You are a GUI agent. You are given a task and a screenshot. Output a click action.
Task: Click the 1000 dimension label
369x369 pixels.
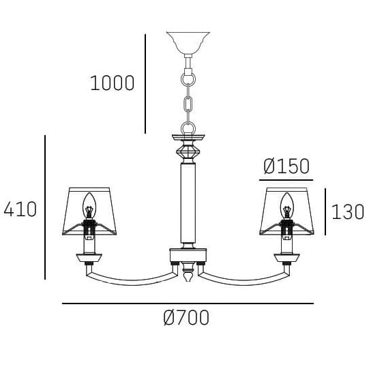(x=112, y=83)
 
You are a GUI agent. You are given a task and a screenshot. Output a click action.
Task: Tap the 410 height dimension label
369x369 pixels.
(x=20, y=209)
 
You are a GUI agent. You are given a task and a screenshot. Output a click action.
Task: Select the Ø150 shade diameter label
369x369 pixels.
(x=286, y=166)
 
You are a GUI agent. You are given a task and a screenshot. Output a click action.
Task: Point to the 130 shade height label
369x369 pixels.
(x=348, y=211)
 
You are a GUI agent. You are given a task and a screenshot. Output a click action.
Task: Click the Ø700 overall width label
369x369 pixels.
(x=186, y=318)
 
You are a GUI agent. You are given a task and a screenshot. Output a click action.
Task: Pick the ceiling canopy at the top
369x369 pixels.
(x=188, y=42)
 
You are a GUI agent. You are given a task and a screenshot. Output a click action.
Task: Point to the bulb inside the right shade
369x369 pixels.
(x=286, y=203)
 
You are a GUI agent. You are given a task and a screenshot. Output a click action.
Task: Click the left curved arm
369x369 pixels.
(x=130, y=278)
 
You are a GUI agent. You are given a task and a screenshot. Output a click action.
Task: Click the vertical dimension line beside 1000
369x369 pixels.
(x=145, y=83)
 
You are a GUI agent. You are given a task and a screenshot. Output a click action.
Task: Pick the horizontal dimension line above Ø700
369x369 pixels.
(x=188, y=304)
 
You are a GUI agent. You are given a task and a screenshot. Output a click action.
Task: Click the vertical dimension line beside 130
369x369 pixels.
(x=325, y=211)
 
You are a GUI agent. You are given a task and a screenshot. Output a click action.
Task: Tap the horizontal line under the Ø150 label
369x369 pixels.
(x=286, y=179)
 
